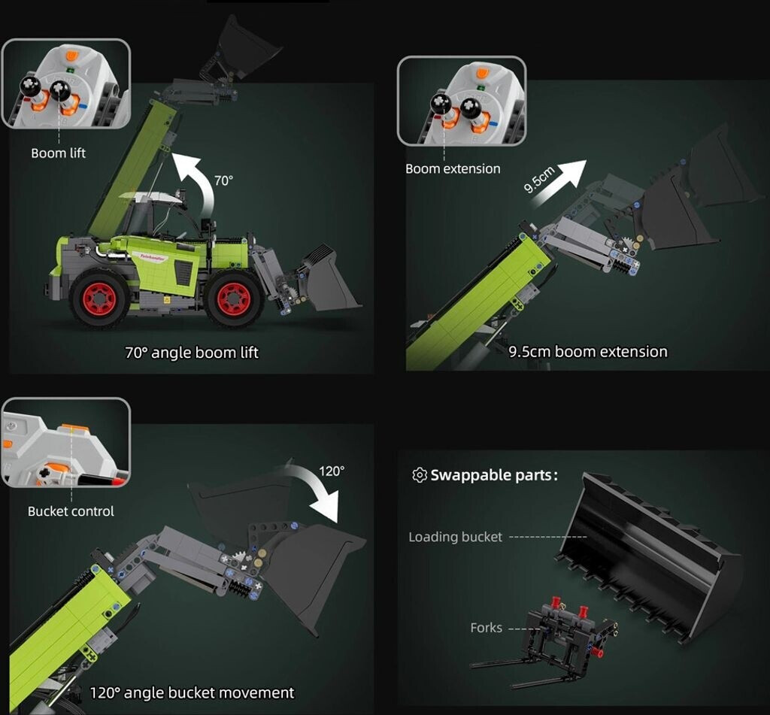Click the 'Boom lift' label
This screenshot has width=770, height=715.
click(58, 153)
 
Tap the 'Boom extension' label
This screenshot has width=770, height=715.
click(453, 169)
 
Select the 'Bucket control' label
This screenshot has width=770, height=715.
click(71, 511)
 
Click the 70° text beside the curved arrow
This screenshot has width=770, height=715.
click(223, 180)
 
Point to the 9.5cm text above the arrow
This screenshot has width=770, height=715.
click(538, 180)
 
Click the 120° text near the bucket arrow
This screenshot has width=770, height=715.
click(332, 471)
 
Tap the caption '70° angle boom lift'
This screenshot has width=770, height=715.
click(192, 353)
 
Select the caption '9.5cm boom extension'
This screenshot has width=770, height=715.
click(588, 352)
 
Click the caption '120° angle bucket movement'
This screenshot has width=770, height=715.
click(192, 693)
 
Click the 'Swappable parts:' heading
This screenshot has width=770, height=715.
click(494, 475)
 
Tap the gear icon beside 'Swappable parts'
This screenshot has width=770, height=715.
click(420, 475)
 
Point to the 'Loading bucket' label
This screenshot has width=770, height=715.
click(455, 538)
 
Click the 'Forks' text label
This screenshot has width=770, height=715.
click(487, 628)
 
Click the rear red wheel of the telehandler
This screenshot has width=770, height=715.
click(100, 298)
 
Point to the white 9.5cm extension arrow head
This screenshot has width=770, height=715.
click(574, 173)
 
